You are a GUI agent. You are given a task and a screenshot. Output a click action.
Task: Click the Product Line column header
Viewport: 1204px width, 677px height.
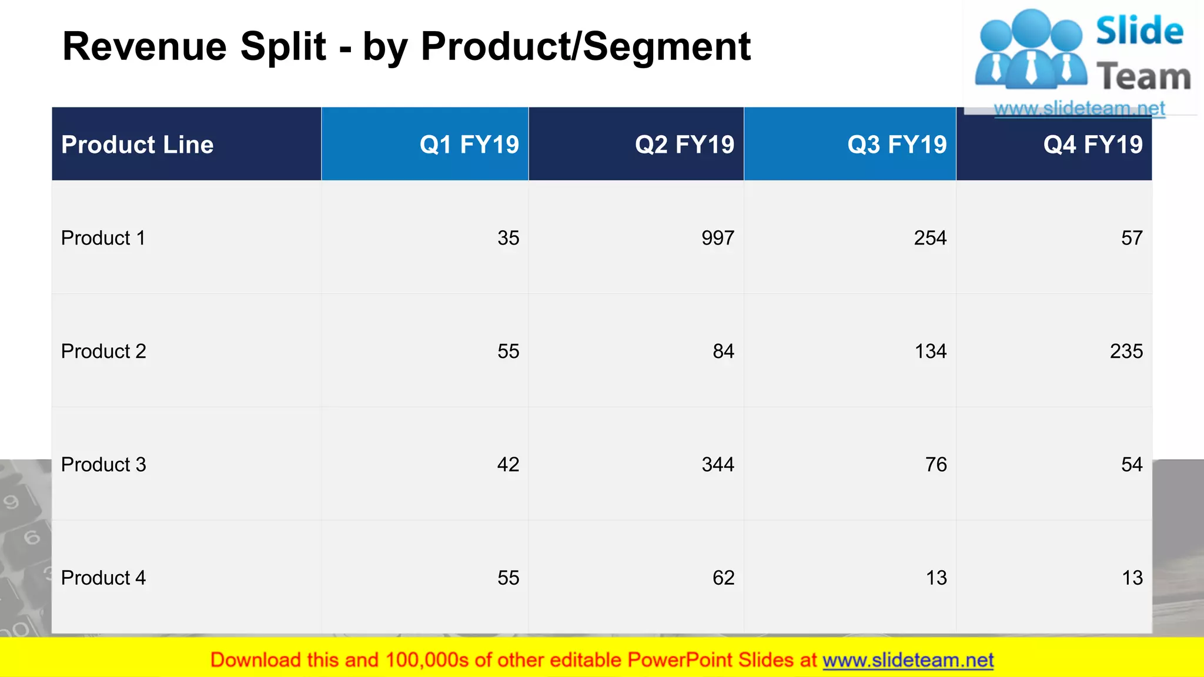pyautogui.click(x=137, y=145)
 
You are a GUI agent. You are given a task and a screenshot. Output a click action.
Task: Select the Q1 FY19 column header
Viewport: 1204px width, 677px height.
pyautogui.click(x=469, y=145)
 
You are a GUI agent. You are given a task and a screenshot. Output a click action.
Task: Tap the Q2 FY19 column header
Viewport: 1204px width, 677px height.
pyautogui.click(x=684, y=145)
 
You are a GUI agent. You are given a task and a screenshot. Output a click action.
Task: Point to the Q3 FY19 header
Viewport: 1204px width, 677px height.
pyautogui.click(x=897, y=145)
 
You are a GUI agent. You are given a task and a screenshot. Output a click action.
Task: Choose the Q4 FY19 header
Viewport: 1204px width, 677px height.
pyautogui.click(x=1093, y=145)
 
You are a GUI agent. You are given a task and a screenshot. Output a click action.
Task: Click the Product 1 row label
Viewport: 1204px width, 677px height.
pyautogui.click(x=103, y=238)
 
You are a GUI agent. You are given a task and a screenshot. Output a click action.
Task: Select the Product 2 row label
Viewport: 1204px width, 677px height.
pyautogui.click(x=103, y=351)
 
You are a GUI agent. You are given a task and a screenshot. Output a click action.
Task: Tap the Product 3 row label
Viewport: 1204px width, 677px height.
pyautogui.click(x=103, y=465)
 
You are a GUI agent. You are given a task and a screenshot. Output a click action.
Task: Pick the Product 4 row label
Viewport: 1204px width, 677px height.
pyautogui.click(x=103, y=578)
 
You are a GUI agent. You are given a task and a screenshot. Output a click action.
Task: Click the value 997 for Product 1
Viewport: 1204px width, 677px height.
pyautogui.click(x=718, y=238)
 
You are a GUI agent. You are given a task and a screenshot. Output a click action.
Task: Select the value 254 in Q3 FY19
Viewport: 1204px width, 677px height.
pyautogui.click(x=930, y=238)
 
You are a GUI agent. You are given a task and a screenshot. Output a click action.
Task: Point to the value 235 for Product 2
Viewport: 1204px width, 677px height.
pyautogui.click(x=1126, y=351)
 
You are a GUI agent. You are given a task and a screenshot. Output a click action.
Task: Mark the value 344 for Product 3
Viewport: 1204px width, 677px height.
pyautogui.click(x=718, y=465)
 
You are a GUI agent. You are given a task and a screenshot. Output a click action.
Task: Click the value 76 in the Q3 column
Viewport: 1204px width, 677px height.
pyautogui.click(x=936, y=465)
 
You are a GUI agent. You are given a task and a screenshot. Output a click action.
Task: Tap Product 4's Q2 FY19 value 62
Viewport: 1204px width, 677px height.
pyautogui.click(x=723, y=578)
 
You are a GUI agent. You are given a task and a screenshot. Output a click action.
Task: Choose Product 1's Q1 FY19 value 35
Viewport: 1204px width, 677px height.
pyautogui.click(x=508, y=238)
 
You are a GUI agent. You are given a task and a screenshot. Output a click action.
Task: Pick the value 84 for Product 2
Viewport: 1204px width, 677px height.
pyautogui.click(x=723, y=351)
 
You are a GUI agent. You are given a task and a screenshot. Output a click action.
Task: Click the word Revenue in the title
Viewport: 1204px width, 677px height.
pyautogui.click(x=145, y=46)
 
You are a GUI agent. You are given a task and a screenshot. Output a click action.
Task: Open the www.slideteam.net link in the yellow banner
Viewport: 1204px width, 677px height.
pyautogui.click(x=908, y=660)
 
